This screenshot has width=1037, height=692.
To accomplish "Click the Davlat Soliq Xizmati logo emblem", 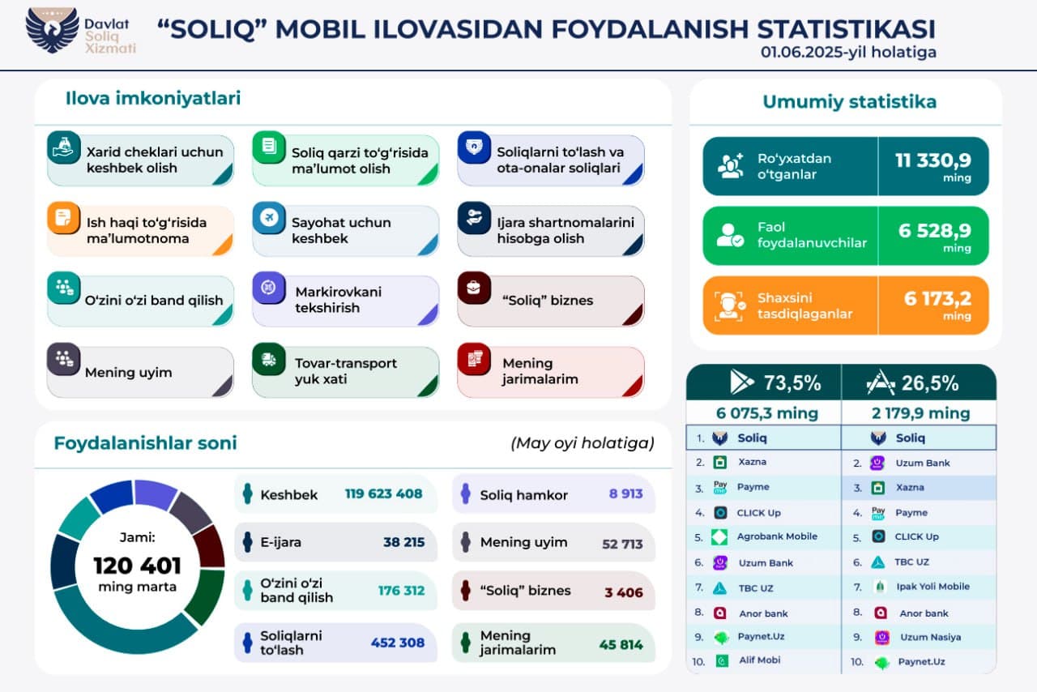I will pos(52,31).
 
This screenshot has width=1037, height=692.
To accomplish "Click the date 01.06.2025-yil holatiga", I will pos(847,52).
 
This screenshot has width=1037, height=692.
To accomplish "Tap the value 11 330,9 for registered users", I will pos(932,160).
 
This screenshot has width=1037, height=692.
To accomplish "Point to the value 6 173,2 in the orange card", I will pos(937,300).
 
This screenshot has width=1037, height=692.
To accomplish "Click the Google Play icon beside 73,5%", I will pos(741,382).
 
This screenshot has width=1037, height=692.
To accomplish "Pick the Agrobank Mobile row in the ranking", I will pos(776,536).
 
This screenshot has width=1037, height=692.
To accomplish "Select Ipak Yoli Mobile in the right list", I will pos(932,587).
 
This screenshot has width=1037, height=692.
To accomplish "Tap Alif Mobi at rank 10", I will pos(758,660).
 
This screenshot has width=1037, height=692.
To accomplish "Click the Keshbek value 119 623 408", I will pos(383,493).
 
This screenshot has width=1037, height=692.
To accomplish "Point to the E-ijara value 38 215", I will pos(403,542).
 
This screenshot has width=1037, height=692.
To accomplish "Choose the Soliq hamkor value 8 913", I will pos(625,493).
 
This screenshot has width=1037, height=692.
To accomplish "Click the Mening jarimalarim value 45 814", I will pos(621,644).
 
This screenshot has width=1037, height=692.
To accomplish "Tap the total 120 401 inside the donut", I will pos(137,565).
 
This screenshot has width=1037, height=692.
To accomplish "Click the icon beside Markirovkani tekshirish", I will pos(268,288).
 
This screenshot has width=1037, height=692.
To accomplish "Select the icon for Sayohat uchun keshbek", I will pos(268,218).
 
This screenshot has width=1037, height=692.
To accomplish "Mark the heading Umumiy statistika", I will pos(849,102).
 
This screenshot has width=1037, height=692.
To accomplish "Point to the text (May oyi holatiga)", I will pos(582,443).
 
